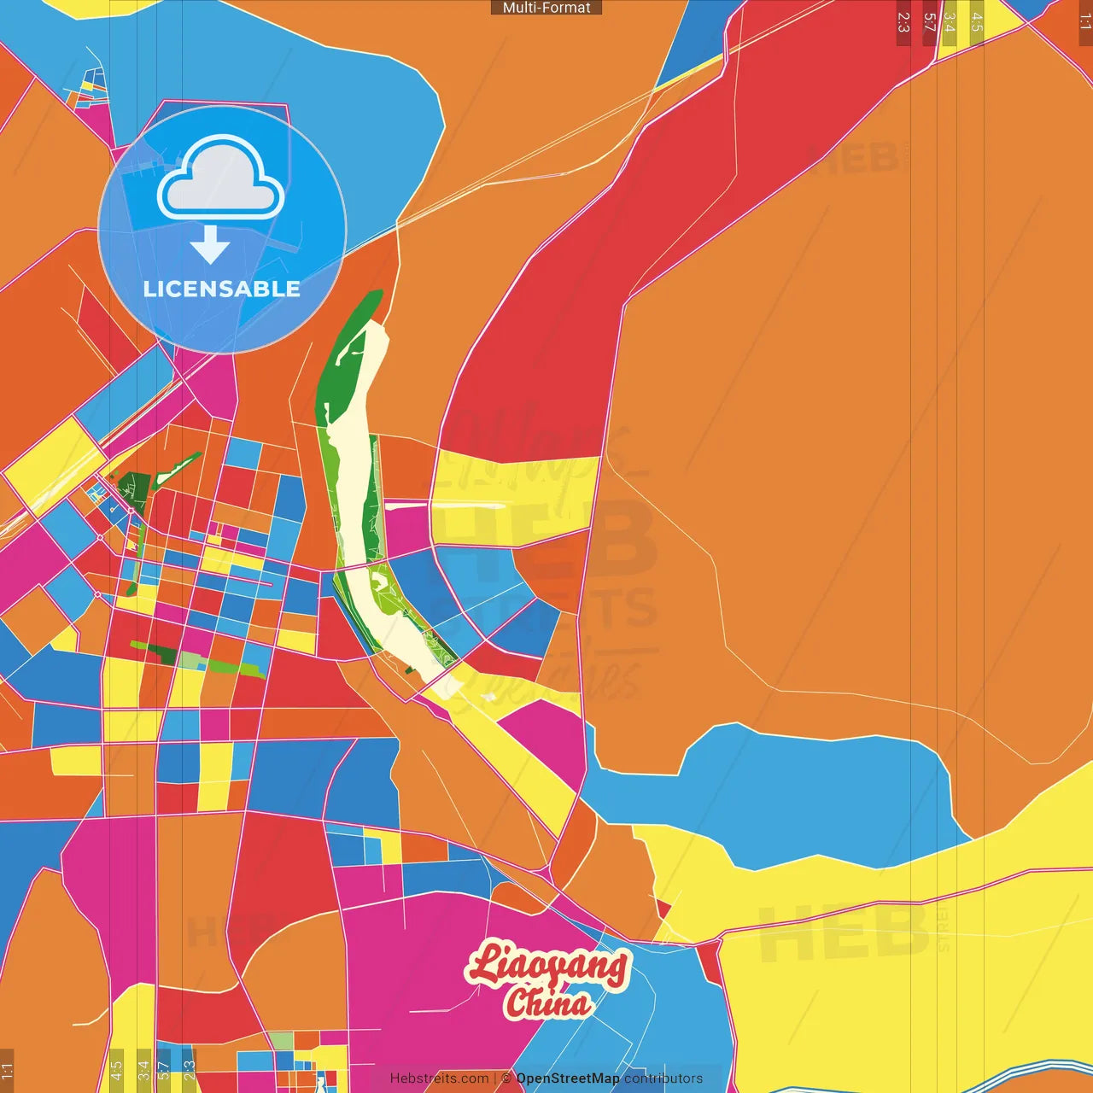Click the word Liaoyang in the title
pos(548,966)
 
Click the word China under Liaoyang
pos(546,1002)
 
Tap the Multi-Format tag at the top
pos(546,8)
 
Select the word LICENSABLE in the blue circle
pos(222,289)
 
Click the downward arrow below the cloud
pos(210,245)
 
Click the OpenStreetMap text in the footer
pos(568,1078)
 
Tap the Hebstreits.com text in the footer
pos(440,1078)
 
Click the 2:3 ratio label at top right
pos(903,22)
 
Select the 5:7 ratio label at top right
pos(930,22)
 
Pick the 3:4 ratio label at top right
pos(949,22)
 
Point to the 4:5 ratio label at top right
pos(976,22)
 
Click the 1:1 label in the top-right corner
pos(1084,22)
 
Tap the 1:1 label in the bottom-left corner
pos(7,1071)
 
